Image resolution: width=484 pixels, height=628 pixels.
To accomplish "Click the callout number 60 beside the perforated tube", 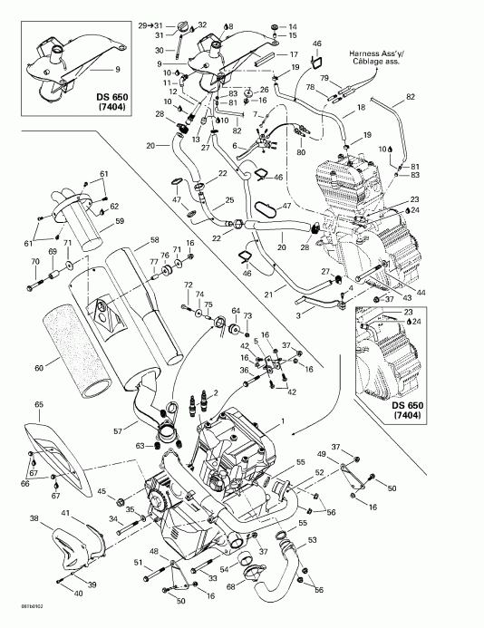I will pyautogui.click(x=38, y=369).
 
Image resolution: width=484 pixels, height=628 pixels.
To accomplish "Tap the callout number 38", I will pyautogui.click(x=34, y=519).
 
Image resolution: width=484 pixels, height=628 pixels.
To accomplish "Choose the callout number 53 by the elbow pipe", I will pyautogui.click(x=313, y=540).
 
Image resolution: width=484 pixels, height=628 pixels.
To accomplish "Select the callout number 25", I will pyautogui.click(x=229, y=199).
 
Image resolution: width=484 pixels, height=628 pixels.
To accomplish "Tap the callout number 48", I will pyautogui.click(x=153, y=552).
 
